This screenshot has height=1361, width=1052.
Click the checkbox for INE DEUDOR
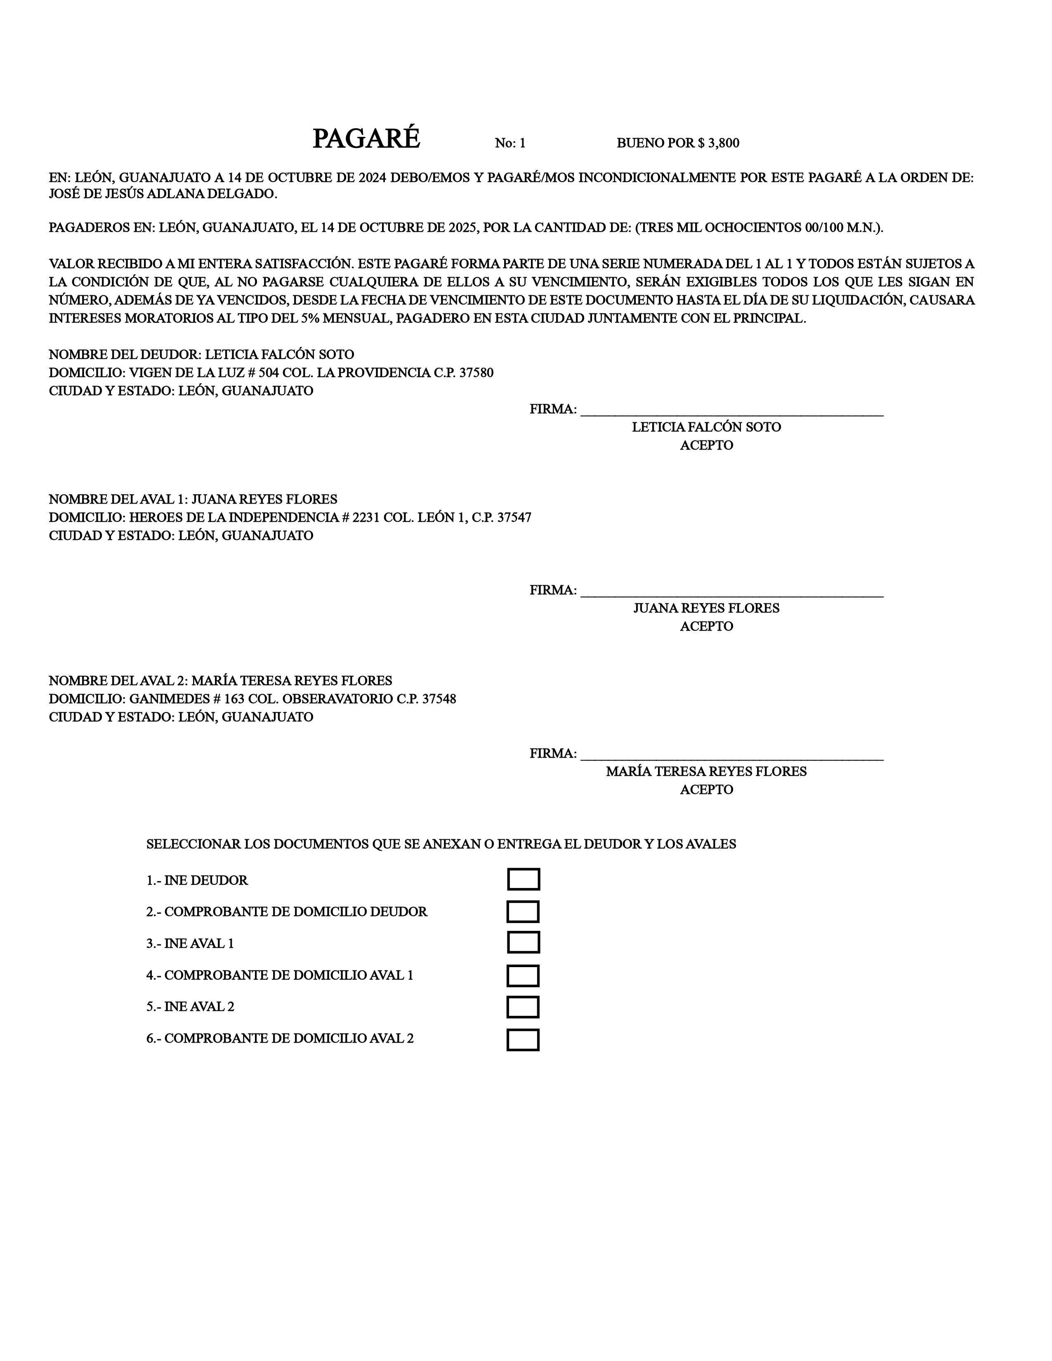pyautogui.click(x=523, y=879)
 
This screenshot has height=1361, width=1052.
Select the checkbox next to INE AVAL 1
pyautogui.click(x=523, y=943)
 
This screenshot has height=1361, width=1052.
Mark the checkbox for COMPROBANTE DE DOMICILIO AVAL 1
pyautogui.click(x=523, y=975)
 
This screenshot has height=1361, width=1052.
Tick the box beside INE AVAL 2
pyautogui.click(x=523, y=1007)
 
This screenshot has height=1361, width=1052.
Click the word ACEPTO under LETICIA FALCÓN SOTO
pyautogui.click(x=706, y=445)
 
